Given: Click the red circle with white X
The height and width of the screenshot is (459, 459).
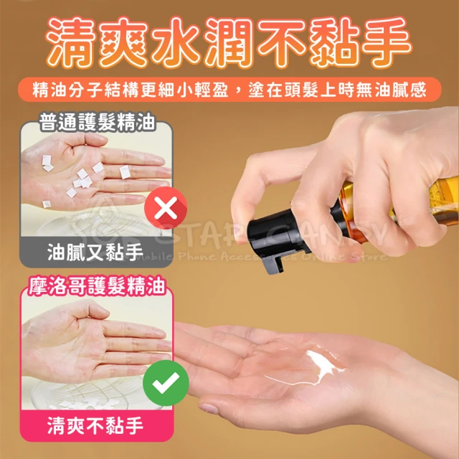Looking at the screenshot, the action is click(x=166, y=208).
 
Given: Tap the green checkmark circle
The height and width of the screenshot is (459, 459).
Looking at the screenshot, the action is click(x=166, y=382).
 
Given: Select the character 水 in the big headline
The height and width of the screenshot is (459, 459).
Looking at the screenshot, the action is click(x=177, y=43).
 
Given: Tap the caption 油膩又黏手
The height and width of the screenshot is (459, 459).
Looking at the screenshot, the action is click(x=95, y=252).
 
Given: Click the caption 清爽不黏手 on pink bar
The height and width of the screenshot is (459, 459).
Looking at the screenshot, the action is click(x=95, y=425).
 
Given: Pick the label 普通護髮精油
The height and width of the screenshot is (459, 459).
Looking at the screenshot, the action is click(x=97, y=122).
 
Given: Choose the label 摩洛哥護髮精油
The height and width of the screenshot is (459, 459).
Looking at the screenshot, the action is click(x=97, y=285).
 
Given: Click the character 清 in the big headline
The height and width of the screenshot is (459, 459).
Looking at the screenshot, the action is click(x=72, y=43).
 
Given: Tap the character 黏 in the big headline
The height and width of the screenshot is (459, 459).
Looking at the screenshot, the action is click(x=333, y=43).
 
